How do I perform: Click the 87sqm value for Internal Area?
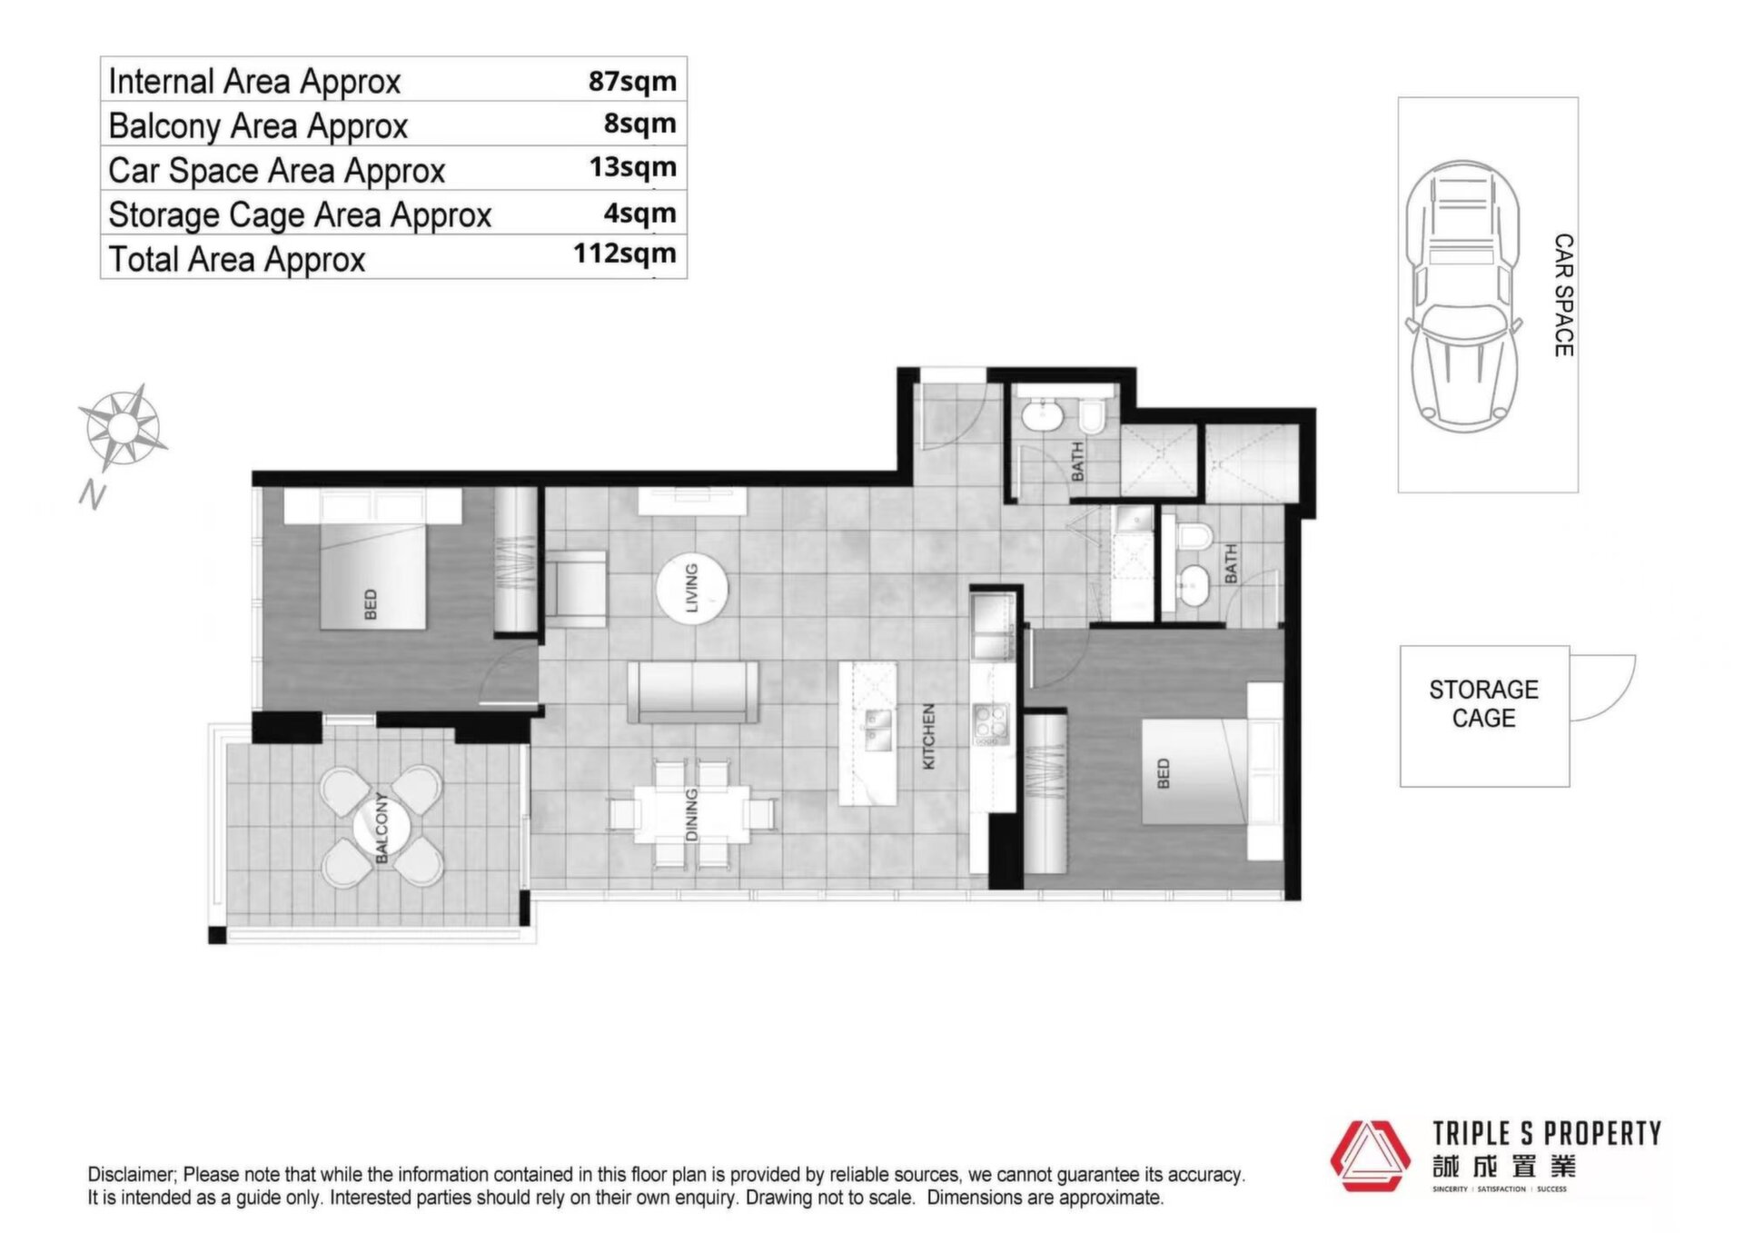tap(632, 81)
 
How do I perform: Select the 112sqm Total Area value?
tap(625, 254)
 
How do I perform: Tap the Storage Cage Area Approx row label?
tap(300, 215)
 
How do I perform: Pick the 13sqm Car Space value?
tap(632, 167)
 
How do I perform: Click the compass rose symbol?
tap(123, 427)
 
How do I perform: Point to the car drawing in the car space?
tap(1463, 296)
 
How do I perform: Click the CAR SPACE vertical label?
tap(1563, 295)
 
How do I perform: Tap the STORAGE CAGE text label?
tap(1483, 704)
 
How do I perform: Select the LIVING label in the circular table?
tap(691, 588)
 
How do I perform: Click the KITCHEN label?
tap(928, 737)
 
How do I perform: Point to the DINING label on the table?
tap(691, 814)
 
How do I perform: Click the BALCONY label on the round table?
tap(381, 828)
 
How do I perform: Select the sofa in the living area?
tap(693, 692)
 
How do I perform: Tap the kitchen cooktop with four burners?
tap(991, 723)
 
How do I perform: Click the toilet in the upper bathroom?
tap(1092, 417)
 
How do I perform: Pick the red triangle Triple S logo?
tap(1370, 1156)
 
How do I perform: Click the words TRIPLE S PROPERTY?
tap(1547, 1133)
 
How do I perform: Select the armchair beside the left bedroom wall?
tap(576, 589)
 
